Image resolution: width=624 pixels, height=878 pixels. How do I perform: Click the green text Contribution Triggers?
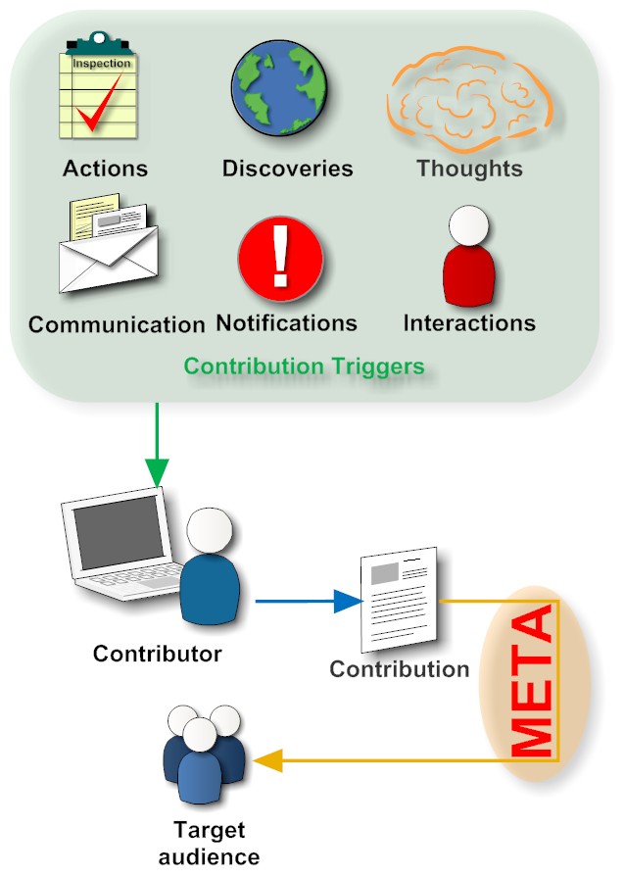tap(305, 366)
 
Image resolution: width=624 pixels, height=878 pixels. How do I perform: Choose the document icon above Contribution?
tap(398, 600)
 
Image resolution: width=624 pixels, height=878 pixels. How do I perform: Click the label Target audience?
tap(209, 844)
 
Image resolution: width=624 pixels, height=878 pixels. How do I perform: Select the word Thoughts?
tap(469, 168)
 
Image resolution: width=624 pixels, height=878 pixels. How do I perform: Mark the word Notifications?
tap(286, 322)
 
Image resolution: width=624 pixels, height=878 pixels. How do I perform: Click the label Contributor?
tap(158, 653)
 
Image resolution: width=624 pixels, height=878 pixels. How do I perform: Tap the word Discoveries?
tap(287, 168)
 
